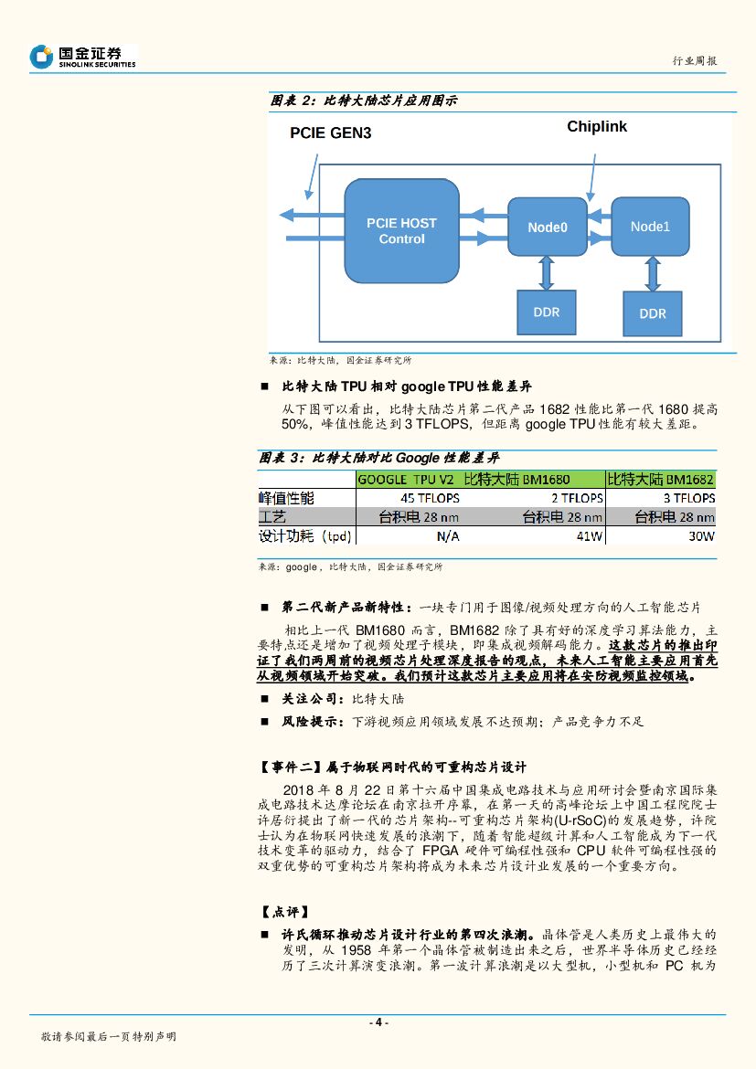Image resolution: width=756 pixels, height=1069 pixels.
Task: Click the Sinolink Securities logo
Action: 82,57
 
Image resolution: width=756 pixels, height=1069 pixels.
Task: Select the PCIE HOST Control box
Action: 401,231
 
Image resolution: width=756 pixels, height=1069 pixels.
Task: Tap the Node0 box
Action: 547,227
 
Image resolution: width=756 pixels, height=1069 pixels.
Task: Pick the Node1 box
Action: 650,226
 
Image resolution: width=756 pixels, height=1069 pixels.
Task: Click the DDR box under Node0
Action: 546,312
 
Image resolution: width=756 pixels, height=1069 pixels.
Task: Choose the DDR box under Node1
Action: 653,313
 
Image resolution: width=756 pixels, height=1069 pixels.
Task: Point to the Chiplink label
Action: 596,127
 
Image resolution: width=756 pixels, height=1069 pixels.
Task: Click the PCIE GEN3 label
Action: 330,132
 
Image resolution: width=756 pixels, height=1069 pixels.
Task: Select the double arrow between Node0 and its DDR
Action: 547,271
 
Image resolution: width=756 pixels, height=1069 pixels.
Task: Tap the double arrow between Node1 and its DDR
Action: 651,272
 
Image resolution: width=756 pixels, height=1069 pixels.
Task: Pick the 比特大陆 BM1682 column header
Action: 661,479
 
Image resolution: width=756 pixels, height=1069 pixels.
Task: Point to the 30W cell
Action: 701,536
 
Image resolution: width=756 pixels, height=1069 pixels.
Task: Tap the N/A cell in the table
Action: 447,536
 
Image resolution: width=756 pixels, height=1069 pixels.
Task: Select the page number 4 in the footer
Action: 378,1022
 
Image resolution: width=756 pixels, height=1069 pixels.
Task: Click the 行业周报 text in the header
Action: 695,61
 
